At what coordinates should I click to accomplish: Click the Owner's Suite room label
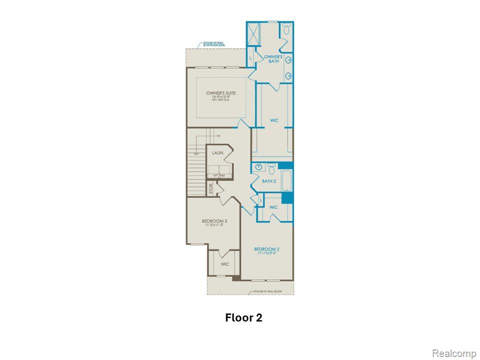(x=220, y=93)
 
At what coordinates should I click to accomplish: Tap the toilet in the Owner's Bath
(x=286, y=29)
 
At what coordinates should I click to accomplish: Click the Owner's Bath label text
(x=273, y=59)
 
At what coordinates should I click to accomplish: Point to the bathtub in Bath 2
(x=287, y=181)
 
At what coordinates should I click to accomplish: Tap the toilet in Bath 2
(x=271, y=167)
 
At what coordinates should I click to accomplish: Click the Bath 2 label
(x=268, y=181)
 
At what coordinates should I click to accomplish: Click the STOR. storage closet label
(x=211, y=189)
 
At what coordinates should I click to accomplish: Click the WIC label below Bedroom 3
(x=224, y=264)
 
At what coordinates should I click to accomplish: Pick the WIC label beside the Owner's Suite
(x=274, y=120)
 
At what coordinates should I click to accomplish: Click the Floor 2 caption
(x=243, y=317)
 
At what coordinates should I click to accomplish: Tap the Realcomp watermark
(x=454, y=353)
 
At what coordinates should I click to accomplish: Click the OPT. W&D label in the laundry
(x=219, y=175)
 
